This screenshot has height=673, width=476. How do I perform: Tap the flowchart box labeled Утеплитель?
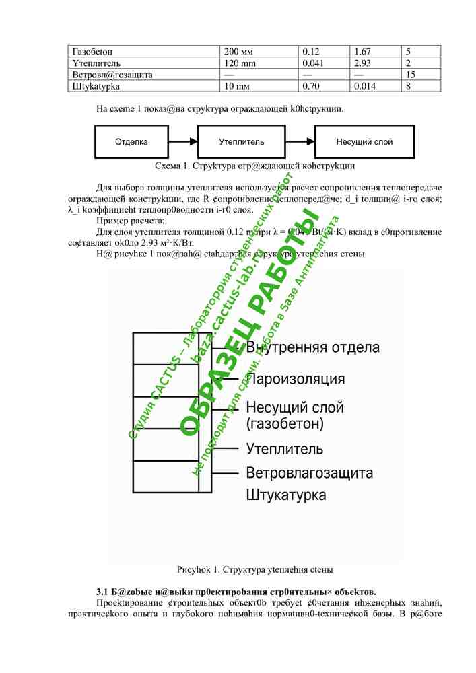[x=242, y=142]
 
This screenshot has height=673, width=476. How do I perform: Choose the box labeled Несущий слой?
[x=364, y=142]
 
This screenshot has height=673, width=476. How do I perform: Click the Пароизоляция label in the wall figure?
[x=296, y=379]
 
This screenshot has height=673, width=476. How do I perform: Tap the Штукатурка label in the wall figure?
[x=286, y=495]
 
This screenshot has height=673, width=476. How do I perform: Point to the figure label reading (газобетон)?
[x=285, y=424]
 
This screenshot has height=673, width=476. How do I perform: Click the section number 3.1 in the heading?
[x=104, y=591]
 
